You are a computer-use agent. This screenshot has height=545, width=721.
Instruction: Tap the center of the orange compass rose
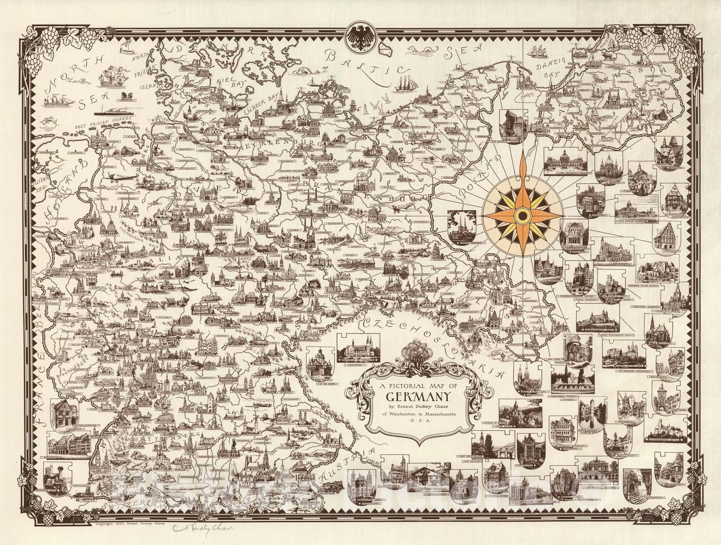[x=521, y=217]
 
